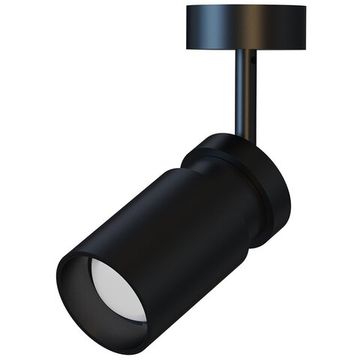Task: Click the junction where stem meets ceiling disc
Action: [x=244, y=50]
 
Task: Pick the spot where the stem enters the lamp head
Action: [x=243, y=136]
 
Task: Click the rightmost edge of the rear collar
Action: [x=291, y=200]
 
